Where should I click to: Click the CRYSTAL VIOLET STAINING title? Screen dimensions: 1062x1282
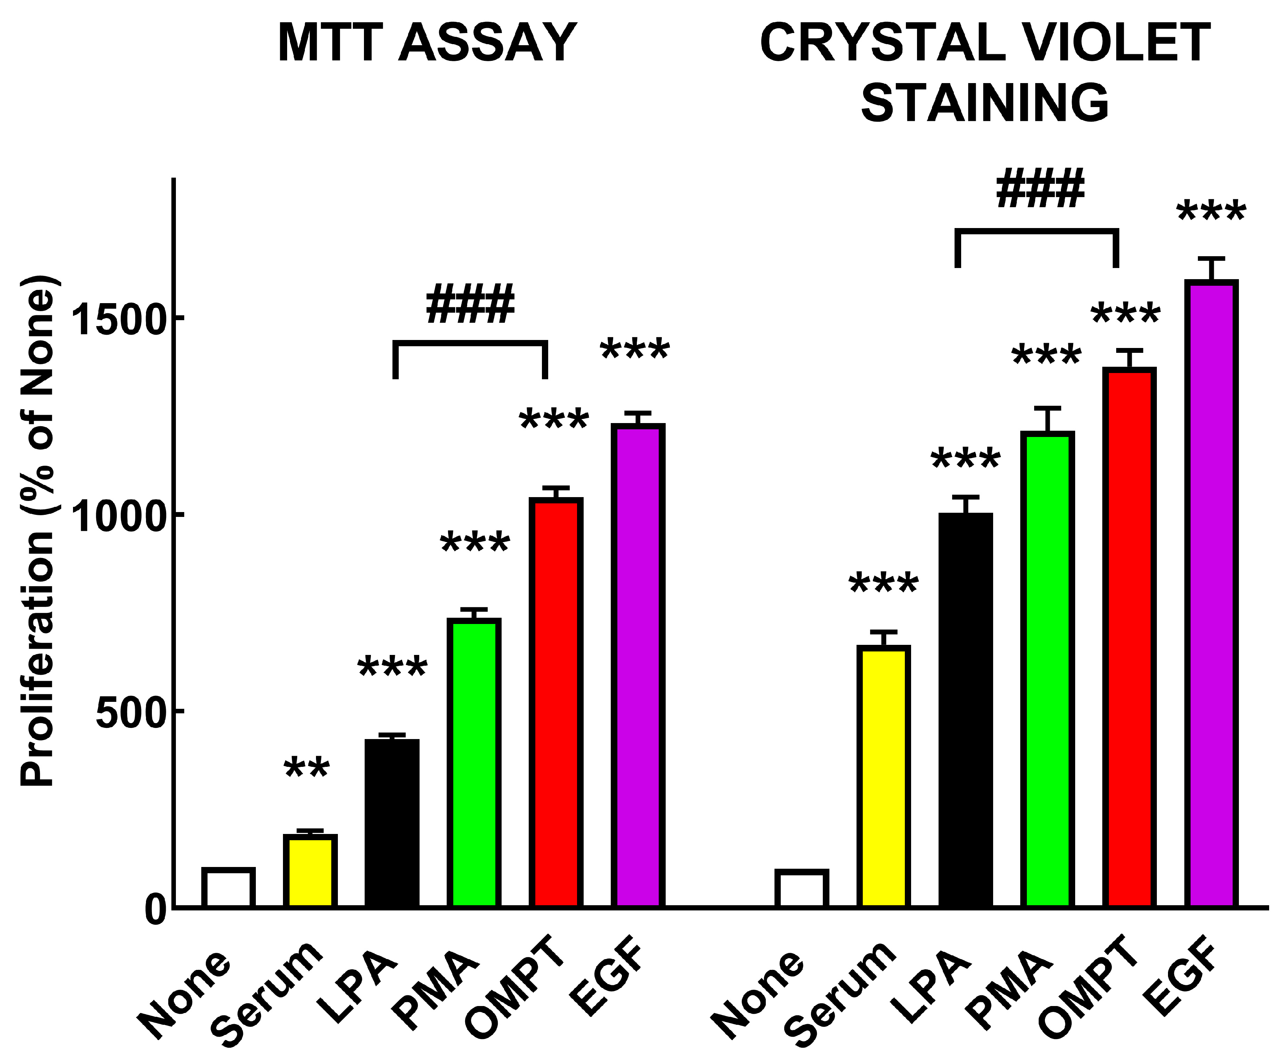click(985, 72)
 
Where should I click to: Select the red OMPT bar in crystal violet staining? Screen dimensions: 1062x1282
click(1129, 638)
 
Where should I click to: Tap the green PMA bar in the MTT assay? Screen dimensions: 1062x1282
click(474, 763)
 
